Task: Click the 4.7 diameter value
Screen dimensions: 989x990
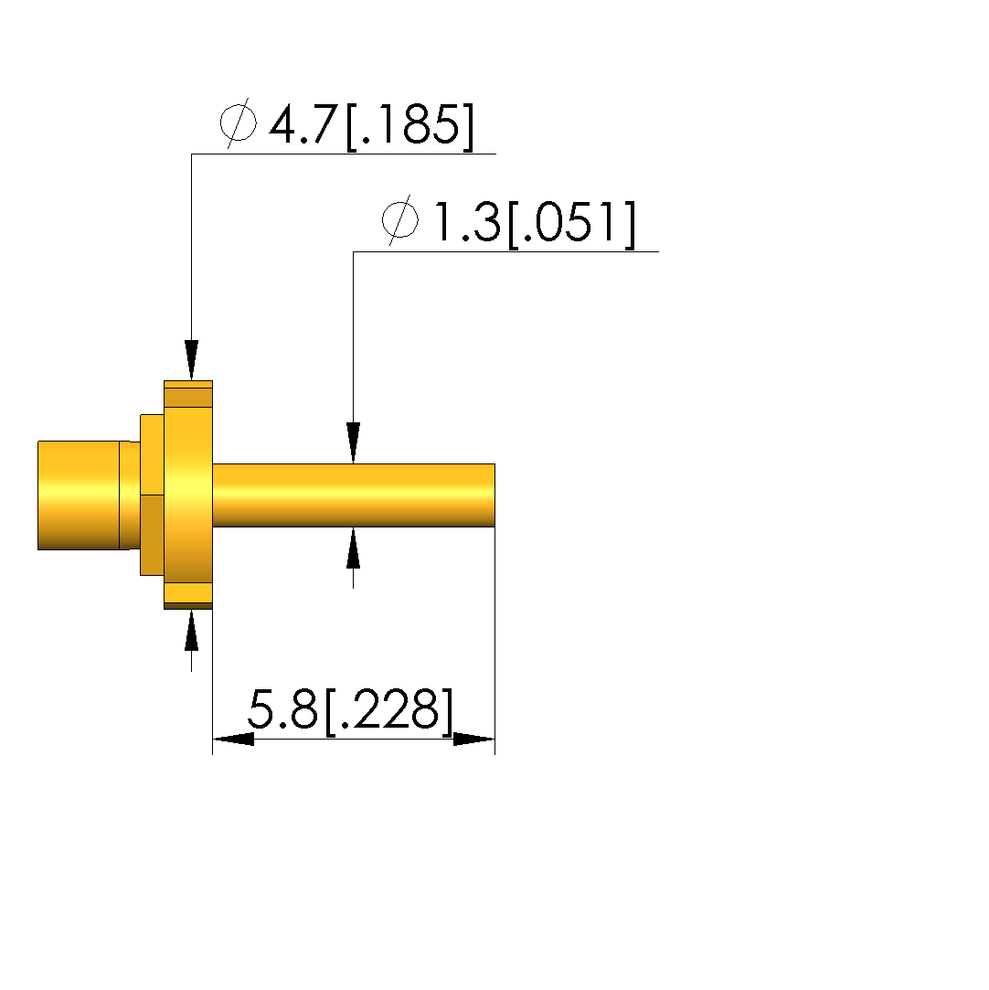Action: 303,124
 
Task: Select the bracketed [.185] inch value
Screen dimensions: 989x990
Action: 409,126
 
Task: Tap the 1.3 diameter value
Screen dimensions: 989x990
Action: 467,222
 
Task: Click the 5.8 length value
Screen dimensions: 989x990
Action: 282,708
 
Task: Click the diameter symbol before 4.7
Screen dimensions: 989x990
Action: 239,123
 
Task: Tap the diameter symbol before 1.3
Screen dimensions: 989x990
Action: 400,220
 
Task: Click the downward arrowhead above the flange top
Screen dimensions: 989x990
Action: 192,360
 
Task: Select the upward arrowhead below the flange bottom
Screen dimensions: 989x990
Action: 192,630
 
